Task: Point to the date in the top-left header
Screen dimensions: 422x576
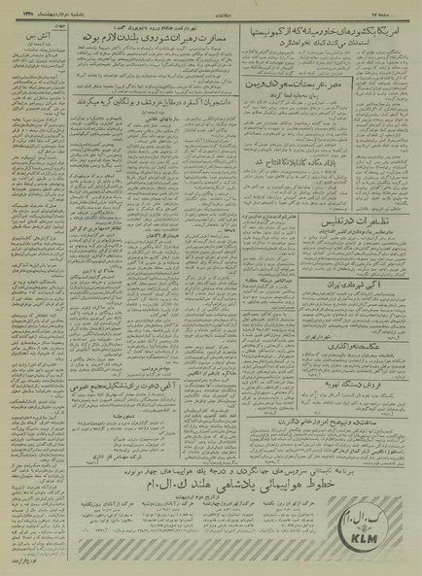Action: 39,14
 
